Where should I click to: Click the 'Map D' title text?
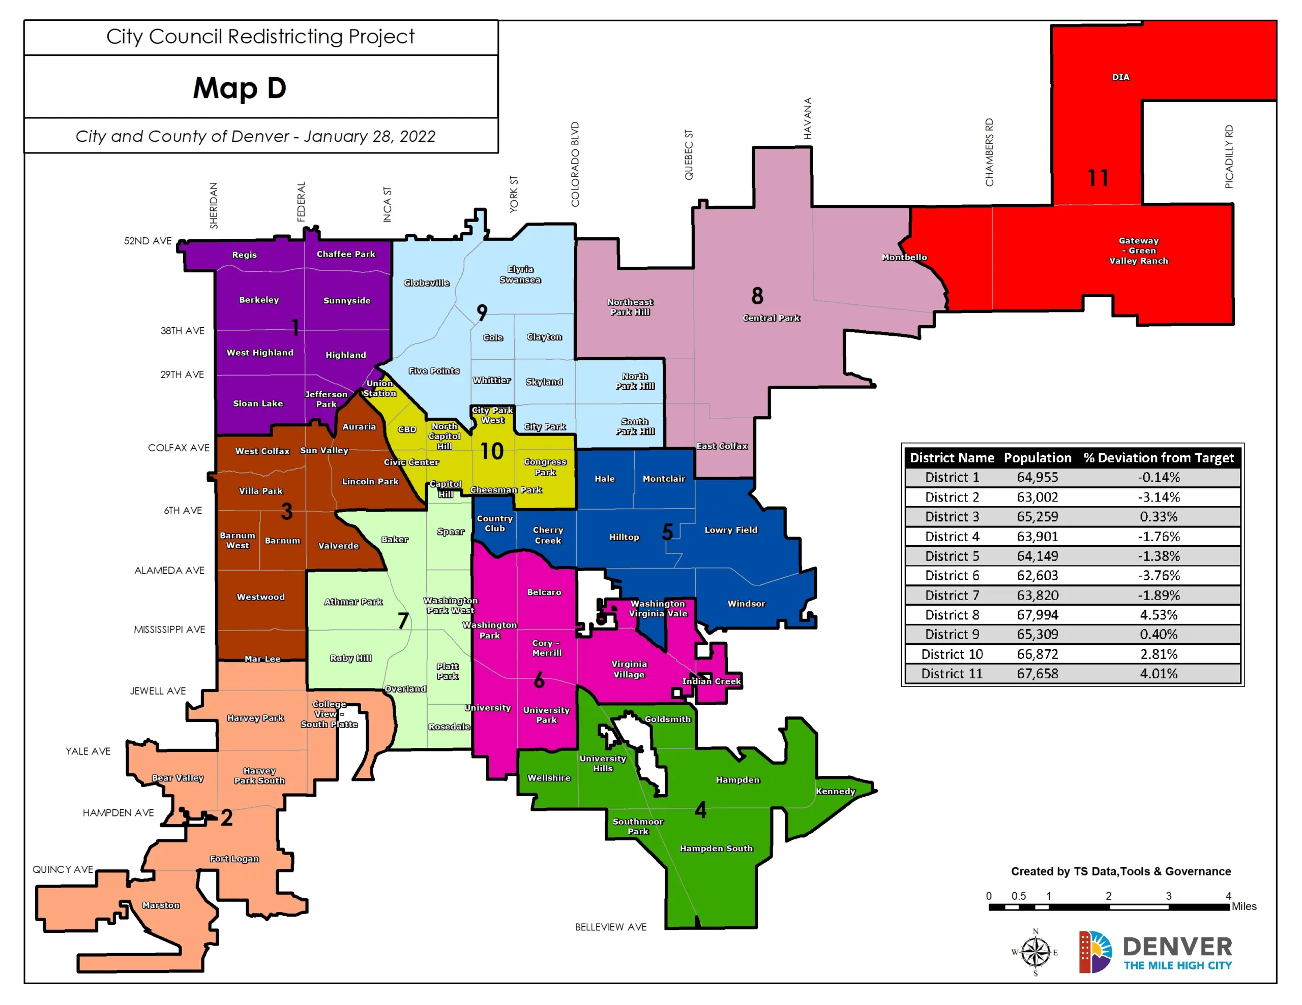[x=240, y=88]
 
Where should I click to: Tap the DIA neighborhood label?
[x=1120, y=77]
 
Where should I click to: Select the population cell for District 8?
[x=1038, y=615]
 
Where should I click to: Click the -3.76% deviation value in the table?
[x=1159, y=576]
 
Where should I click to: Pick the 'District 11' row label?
[x=952, y=674]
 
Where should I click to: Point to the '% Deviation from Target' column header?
[x=1159, y=457]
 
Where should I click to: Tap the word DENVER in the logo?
[x=1177, y=947]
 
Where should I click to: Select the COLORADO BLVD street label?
[x=575, y=165]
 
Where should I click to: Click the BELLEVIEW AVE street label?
[x=610, y=927]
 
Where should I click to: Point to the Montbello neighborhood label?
[x=904, y=258]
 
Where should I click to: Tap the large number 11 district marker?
[x=1098, y=178]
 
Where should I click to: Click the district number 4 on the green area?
[x=700, y=810]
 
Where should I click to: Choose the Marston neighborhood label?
[x=161, y=905]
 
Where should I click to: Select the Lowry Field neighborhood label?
[x=731, y=529]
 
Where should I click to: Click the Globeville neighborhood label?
[x=427, y=283]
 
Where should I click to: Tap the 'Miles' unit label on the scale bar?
[x=1244, y=906]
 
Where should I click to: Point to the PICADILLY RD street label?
[x=1229, y=156]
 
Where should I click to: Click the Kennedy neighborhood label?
[x=835, y=791]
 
